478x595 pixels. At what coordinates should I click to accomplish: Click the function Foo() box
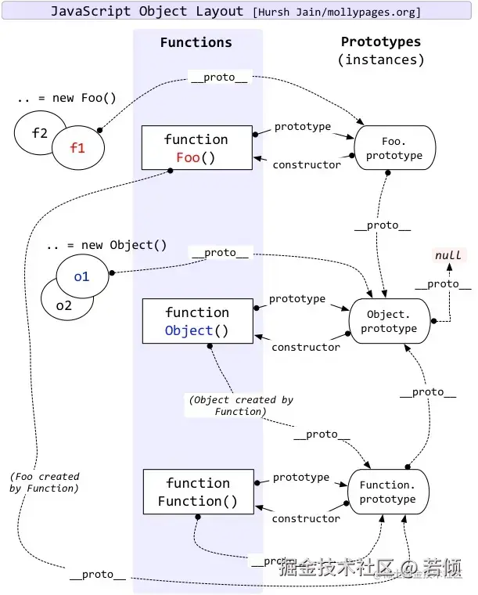coord(196,148)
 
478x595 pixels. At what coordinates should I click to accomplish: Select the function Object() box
coord(197,321)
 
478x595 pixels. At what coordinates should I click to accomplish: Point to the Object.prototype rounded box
coord(389,321)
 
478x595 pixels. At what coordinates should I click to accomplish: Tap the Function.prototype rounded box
coord(388,492)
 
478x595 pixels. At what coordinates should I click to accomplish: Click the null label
coord(447,255)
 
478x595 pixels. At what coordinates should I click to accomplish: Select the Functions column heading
coord(196,42)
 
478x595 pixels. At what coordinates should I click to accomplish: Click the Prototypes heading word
coord(381,41)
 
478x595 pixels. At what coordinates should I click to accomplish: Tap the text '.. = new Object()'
coord(106,245)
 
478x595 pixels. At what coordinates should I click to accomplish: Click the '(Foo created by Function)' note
coord(45,482)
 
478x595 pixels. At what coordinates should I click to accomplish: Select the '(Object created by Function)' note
coord(240,405)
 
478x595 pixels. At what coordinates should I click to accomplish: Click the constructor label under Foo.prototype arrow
coord(306,164)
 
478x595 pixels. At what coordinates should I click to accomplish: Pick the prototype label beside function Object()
coord(297,298)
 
